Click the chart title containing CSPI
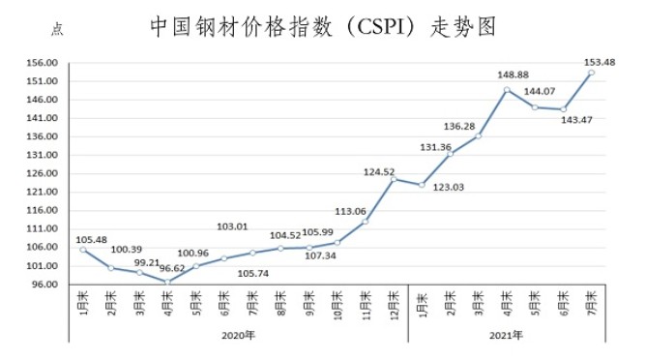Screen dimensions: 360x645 [x=323, y=27]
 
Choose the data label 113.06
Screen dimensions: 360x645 [x=350, y=211]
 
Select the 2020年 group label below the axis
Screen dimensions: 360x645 [x=238, y=336]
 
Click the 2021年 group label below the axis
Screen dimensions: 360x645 [x=506, y=336]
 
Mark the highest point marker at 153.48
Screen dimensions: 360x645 [x=591, y=73]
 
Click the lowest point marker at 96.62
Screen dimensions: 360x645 [x=167, y=282]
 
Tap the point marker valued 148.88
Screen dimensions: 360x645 [x=507, y=90]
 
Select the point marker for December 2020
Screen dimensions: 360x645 [x=394, y=178]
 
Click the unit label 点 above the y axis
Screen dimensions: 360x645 [x=57, y=31]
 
